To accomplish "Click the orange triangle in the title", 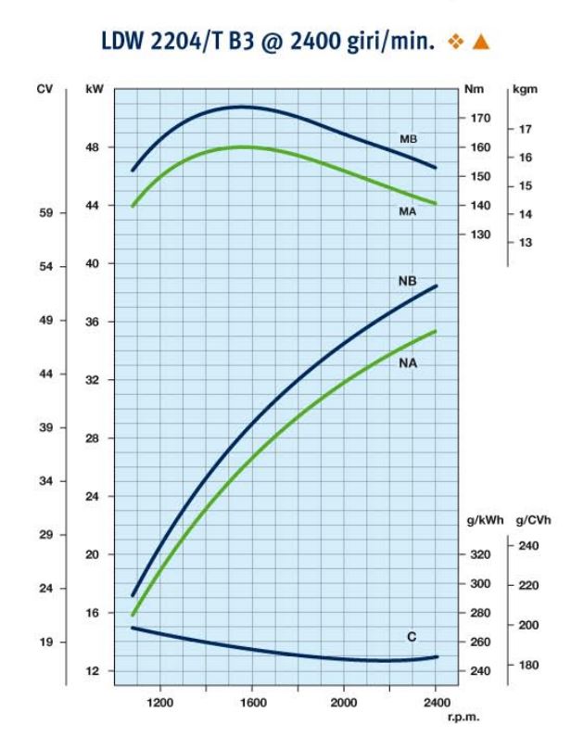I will (x=480, y=42).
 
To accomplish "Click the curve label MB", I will (x=408, y=139).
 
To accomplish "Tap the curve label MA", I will (x=407, y=212).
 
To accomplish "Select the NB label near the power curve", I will (x=407, y=281).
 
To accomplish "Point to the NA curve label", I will (x=408, y=363).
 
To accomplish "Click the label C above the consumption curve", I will (x=412, y=637).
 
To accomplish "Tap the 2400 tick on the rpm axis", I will (x=436, y=702).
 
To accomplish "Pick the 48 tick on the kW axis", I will (x=92, y=147).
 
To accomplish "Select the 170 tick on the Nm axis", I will (x=480, y=119).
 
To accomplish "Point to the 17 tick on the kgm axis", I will (x=526, y=129).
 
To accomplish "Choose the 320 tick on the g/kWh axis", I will (x=480, y=554).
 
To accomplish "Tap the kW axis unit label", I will (x=94, y=90).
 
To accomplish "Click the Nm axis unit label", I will (x=474, y=90).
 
